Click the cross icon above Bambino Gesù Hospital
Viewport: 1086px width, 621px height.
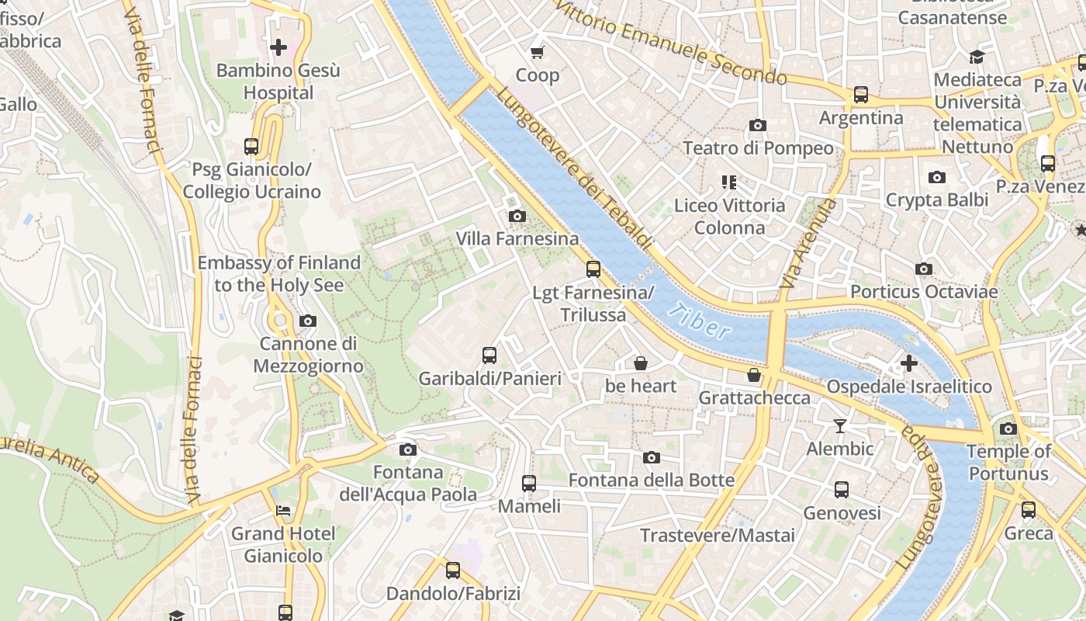[x=278, y=47]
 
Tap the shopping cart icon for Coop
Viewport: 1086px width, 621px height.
[x=537, y=52]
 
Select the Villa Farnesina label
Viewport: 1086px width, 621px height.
[x=517, y=238]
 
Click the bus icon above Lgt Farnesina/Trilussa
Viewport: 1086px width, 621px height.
[x=593, y=269]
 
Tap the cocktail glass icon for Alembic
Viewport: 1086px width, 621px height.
[x=839, y=425]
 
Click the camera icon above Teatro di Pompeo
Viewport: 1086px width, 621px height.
[x=758, y=125]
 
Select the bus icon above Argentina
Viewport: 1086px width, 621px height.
[x=861, y=95]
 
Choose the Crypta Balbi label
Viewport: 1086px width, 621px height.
[x=937, y=199]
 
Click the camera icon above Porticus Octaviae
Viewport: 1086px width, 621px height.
[x=923, y=269]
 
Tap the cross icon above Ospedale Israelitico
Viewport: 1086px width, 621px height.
[x=908, y=363]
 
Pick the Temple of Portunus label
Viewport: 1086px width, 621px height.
[x=1008, y=462]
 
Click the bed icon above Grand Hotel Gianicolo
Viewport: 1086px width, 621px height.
[x=283, y=511]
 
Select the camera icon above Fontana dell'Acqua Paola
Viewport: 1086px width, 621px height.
[x=407, y=449]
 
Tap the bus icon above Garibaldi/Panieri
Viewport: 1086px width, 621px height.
[x=489, y=356]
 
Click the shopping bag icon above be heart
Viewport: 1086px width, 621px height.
[x=641, y=363]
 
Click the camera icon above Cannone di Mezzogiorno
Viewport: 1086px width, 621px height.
[x=308, y=321]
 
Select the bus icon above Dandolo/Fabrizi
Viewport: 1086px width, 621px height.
[x=453, y=571]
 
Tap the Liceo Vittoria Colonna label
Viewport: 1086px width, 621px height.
[x=729, y=217]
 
